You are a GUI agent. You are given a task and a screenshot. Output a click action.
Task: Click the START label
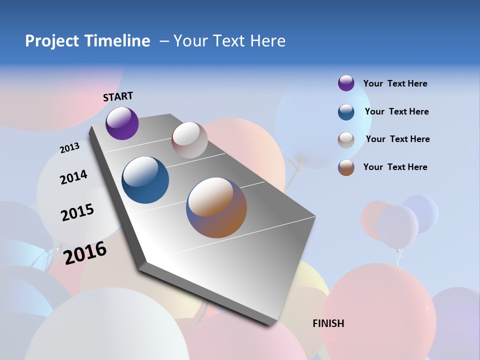118,96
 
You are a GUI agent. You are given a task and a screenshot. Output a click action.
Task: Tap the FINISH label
328,323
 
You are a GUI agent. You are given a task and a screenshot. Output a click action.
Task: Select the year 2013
69,148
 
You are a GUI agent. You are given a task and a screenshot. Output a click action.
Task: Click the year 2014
73,177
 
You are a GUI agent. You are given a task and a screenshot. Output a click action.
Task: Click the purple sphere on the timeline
122,123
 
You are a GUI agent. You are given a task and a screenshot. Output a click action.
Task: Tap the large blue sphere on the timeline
145,180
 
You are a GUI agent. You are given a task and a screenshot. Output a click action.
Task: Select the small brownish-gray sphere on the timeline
189,140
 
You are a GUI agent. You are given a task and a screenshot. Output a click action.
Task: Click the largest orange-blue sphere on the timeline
216,207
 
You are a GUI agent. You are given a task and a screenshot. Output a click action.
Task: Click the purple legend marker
346,83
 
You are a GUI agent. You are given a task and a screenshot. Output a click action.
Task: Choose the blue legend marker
346,112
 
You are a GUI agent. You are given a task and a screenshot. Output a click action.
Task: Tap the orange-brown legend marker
346,167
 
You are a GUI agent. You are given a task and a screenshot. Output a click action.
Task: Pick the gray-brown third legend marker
346,140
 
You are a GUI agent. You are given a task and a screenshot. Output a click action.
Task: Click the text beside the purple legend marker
395,83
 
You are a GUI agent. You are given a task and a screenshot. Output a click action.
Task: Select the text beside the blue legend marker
396,111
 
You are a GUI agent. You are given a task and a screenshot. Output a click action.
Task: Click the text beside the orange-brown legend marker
395,167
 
